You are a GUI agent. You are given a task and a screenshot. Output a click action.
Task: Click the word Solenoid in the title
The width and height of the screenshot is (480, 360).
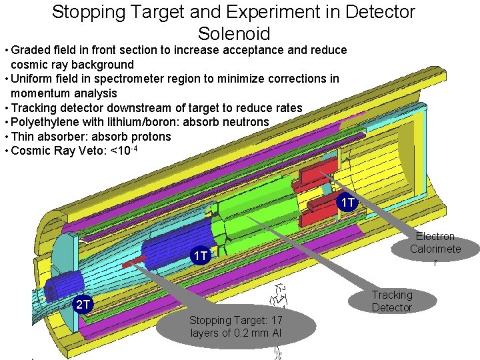[x=233, y=33]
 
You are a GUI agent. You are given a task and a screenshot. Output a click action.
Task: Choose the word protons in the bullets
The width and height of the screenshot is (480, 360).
[x=149, y=137]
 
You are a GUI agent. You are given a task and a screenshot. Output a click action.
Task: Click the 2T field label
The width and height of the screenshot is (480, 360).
[x=82, y=305]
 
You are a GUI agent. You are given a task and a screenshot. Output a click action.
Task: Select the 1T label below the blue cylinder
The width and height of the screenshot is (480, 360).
[x=201, y=256]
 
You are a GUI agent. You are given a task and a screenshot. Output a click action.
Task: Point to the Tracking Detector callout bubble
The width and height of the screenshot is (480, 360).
[x=392, y=301]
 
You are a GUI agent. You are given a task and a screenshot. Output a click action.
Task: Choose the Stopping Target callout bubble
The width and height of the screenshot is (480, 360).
[x=235, y=326]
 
